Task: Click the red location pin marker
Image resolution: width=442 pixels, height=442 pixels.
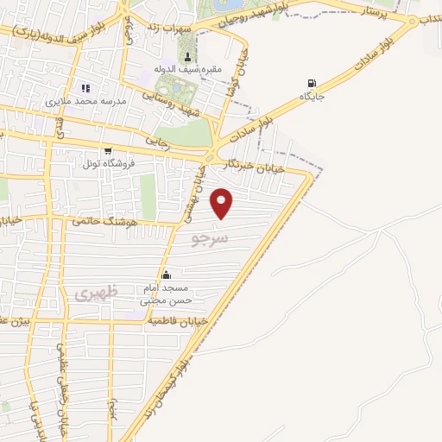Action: coord(223,204)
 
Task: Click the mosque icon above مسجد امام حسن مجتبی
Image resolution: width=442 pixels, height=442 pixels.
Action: coord(166,275)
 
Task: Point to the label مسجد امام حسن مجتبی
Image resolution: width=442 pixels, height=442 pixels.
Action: coord(168,295)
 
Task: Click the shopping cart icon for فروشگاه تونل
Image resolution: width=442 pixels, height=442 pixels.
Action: coord(107,150)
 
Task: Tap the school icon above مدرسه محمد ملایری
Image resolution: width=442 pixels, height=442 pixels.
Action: coord(85,87)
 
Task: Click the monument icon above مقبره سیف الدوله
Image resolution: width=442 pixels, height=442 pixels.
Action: coord(189,57)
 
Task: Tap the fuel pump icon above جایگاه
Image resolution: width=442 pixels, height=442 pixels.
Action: coord(311,84)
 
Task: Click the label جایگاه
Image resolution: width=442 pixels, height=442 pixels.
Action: coord(311,97)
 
